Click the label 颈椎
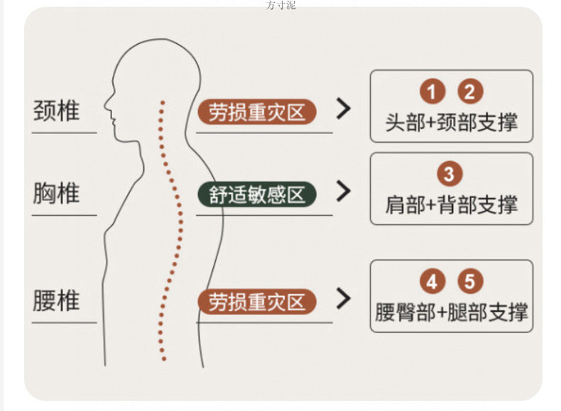[56, 111]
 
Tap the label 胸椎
[56, 193]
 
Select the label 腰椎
[56, 301]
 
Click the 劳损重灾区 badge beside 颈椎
[256, 111]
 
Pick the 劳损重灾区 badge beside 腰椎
[256, 302]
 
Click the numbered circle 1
[432, 92]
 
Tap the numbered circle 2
[469, 92]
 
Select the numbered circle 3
[450, 174]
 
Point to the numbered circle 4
[432, 282]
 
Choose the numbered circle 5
[469, 282]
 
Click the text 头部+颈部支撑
[451, 121]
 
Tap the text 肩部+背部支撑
[451, 204]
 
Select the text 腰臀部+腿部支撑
[451, 312]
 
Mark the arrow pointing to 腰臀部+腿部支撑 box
[344, 299]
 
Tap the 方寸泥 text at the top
[280, 5]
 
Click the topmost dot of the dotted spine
[163, 102]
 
